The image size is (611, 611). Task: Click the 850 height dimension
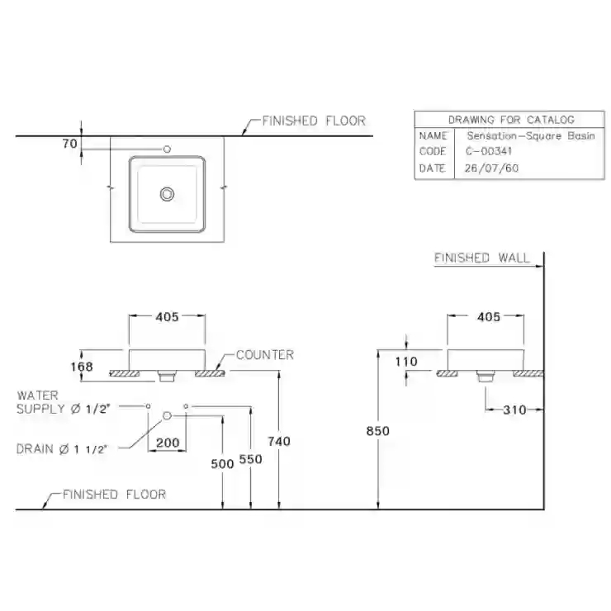[377, 431]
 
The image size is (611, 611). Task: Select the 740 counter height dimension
[279, 442]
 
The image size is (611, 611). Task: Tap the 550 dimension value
[250, 459]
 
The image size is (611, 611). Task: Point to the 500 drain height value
[222, 464]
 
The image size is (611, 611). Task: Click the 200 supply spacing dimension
[168, 443]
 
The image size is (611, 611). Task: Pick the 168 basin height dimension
[82, 367]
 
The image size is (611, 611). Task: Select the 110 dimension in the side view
[406, 362]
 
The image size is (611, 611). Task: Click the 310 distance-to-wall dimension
[514, 410]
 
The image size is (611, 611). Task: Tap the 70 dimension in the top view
[69, 144]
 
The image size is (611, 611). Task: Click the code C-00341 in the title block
[489, 151]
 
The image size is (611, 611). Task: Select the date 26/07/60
[491, 168]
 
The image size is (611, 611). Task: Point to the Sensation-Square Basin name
[531, 136]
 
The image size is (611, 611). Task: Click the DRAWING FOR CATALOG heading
[511, 120]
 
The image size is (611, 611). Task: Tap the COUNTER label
[265, 355]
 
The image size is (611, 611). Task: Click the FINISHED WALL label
[482, 258]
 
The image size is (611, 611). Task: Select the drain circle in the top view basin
[167, 194]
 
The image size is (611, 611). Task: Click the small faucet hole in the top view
[167, 149]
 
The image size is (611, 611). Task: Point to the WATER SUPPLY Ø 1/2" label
[64, 402]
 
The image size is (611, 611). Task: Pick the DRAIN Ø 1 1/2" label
[62, 449]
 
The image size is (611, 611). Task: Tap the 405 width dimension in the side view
[489, 317]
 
